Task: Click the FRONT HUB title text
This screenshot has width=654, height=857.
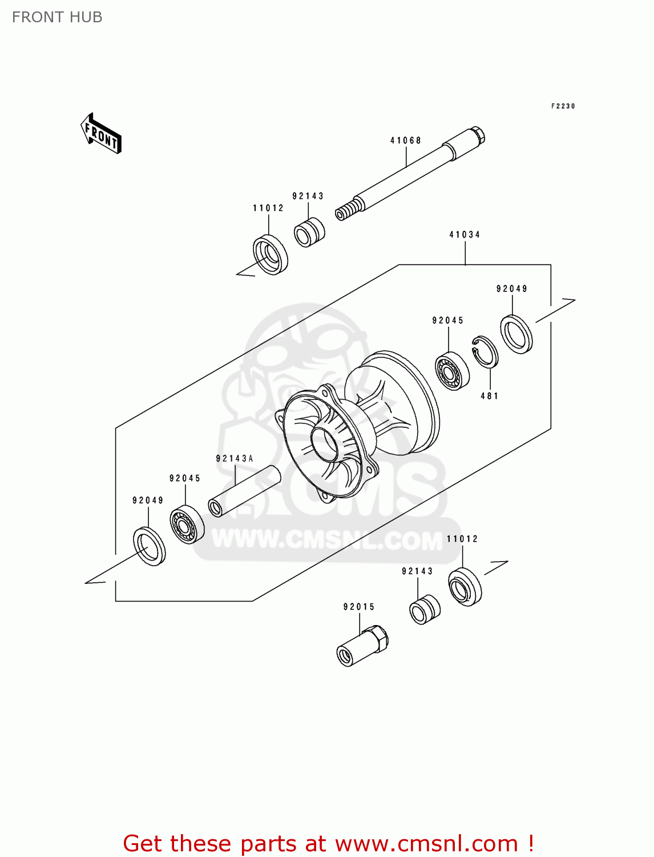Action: [57, 17]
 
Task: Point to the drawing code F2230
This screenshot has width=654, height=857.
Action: [563, 106]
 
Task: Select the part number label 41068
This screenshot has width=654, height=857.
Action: [406, 141]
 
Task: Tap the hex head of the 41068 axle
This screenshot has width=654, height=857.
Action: [478, 134]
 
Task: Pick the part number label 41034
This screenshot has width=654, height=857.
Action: [465, 235]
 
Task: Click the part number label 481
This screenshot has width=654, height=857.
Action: [489, 396]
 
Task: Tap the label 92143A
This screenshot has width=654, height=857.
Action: [235, 459]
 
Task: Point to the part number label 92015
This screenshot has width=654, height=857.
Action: [359, 607]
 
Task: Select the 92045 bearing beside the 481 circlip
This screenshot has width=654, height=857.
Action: [452, 371]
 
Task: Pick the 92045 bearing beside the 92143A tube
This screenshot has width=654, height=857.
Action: [187, 524]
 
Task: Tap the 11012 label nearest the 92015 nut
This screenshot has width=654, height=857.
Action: [462, 539]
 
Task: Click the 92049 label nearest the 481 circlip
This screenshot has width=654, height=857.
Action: [512, 289]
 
